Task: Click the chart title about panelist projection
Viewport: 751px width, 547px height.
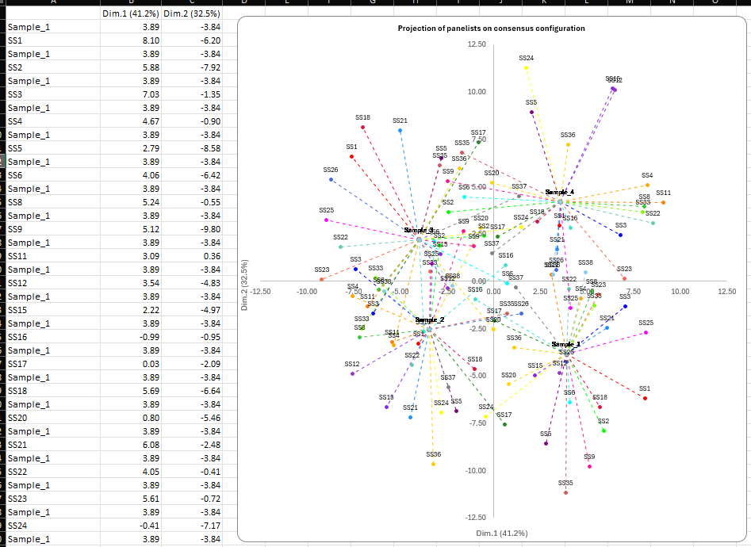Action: pos(492,29)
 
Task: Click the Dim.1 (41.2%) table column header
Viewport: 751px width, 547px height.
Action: pos(131,13)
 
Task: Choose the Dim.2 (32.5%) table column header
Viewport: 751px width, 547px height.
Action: pos(192,13)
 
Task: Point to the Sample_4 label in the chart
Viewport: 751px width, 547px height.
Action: pos(559,192)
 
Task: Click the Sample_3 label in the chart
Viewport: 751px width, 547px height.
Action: pos(418,230)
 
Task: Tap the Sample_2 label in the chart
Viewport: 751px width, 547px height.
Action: pos(429,319)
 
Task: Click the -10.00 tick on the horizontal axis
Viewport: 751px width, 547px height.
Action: pos(306,292)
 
